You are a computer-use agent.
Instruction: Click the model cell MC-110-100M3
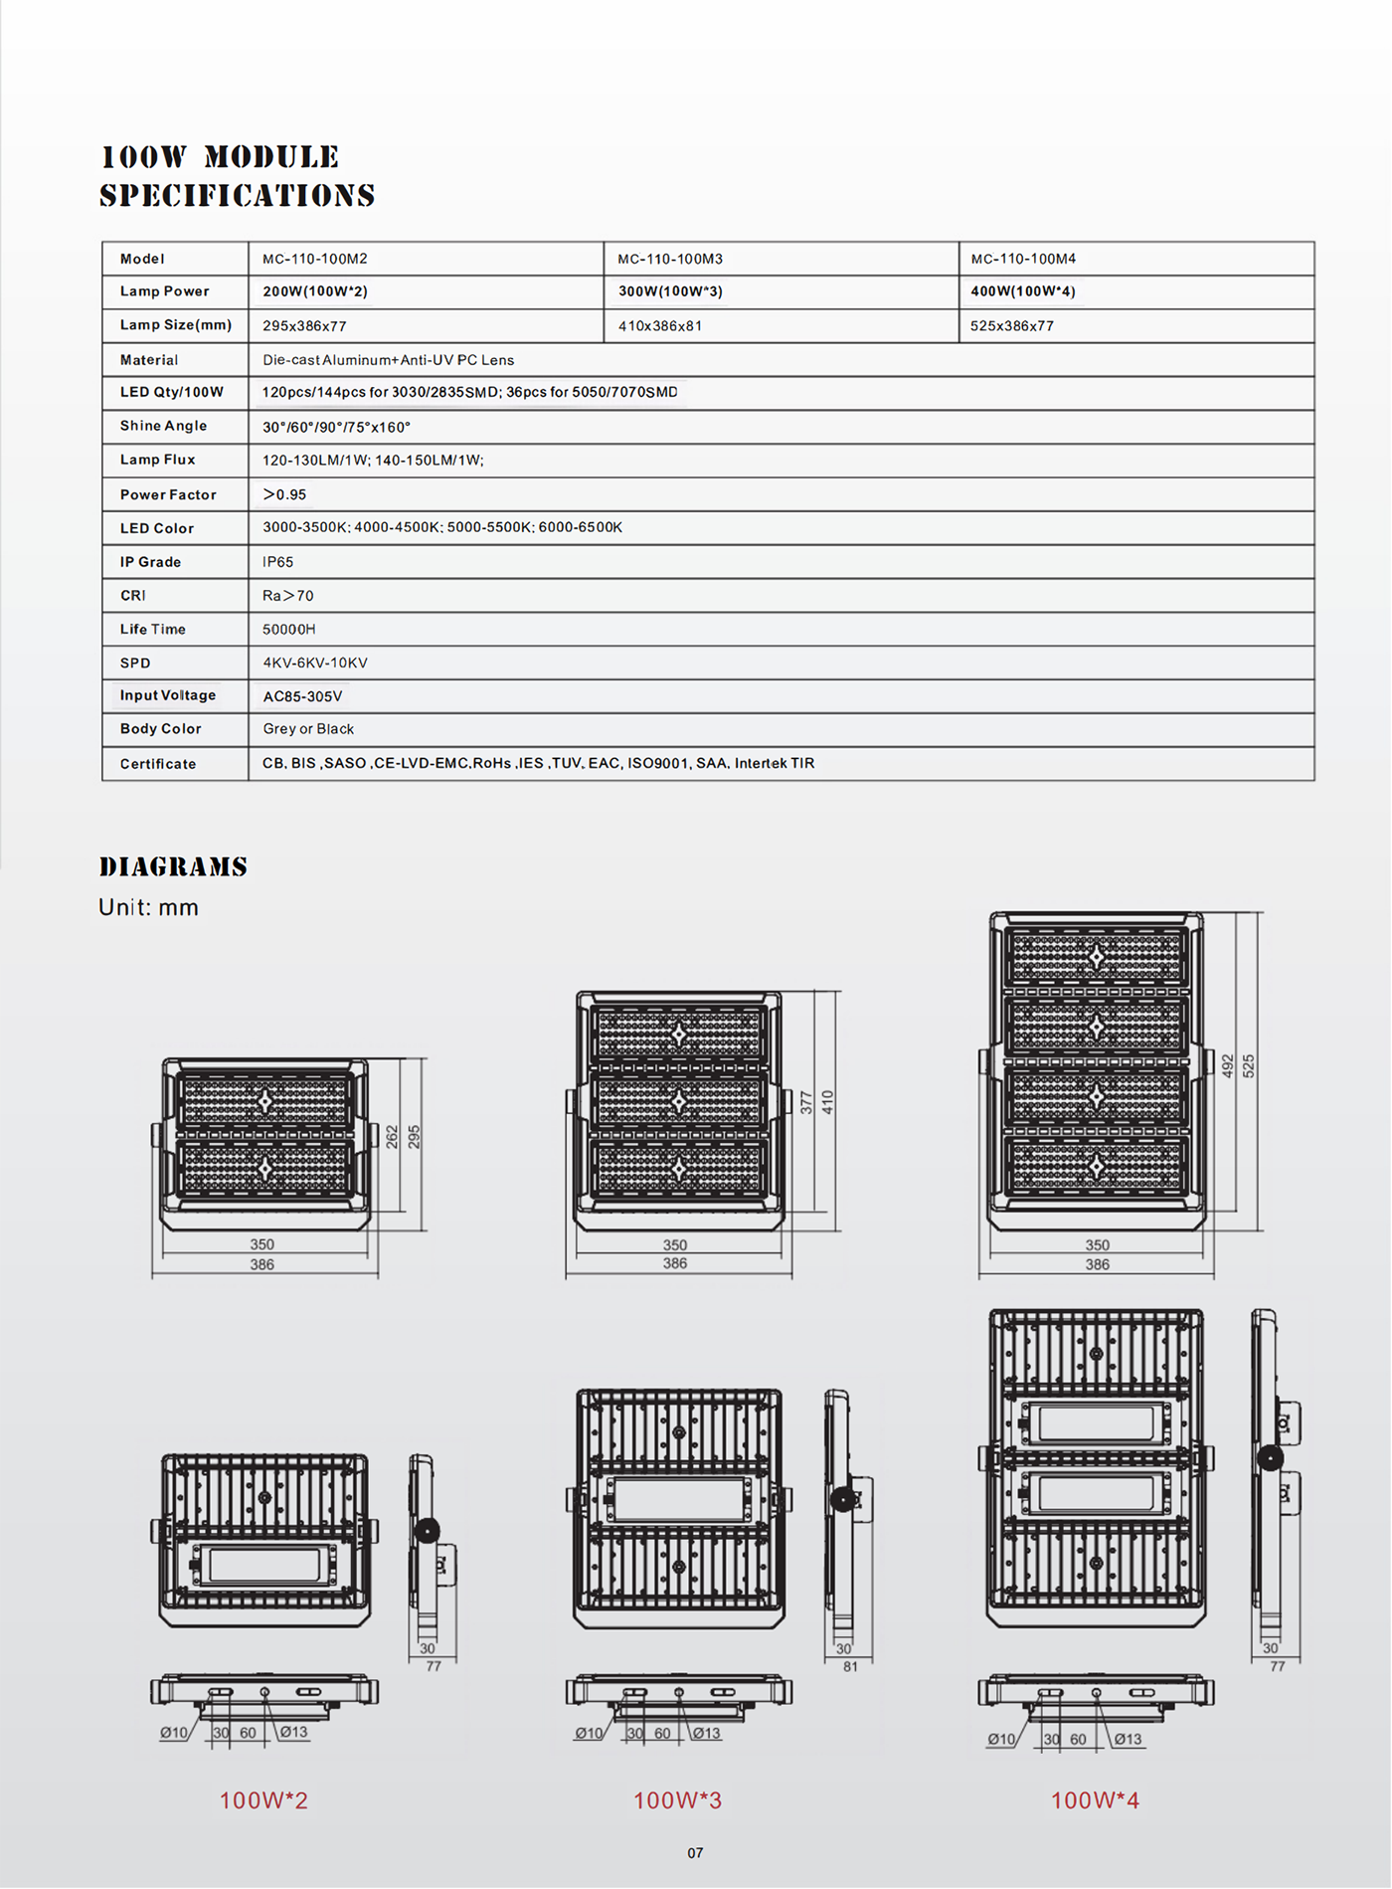670,259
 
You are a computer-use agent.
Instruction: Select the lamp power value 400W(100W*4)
1023,291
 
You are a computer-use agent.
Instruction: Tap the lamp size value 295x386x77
304,326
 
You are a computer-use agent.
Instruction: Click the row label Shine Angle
163,426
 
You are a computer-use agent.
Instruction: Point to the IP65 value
277,562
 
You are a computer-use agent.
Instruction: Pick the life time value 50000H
288,630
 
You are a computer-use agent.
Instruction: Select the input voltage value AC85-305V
302,696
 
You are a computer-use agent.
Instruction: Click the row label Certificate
158,764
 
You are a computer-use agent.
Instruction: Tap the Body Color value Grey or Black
308,729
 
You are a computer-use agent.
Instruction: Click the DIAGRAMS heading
173,866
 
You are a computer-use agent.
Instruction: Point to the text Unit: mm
148,907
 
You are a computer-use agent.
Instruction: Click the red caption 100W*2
263,1800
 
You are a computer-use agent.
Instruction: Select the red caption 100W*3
677,1800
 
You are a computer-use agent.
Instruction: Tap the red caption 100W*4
1095,1800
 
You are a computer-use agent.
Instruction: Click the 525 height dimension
1249,1066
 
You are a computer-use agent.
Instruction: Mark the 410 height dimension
828,1102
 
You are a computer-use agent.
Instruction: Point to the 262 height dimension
392,1137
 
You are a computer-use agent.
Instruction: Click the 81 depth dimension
850,1666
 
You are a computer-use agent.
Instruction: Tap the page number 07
695,1853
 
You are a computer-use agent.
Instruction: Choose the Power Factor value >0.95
284,494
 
